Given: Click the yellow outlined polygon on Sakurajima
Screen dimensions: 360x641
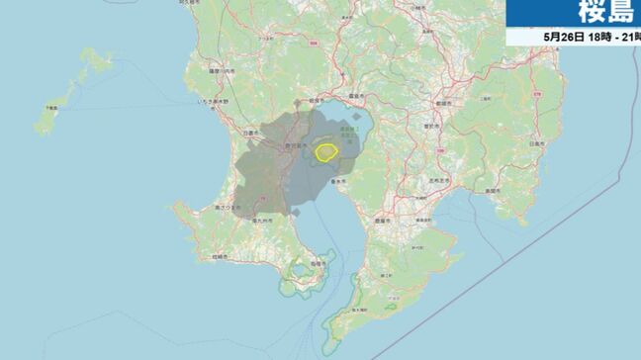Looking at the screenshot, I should click(326, 152).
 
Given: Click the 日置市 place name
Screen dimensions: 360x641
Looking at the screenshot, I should click(253, 131).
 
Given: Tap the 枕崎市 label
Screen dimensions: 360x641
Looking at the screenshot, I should click(219, 256).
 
